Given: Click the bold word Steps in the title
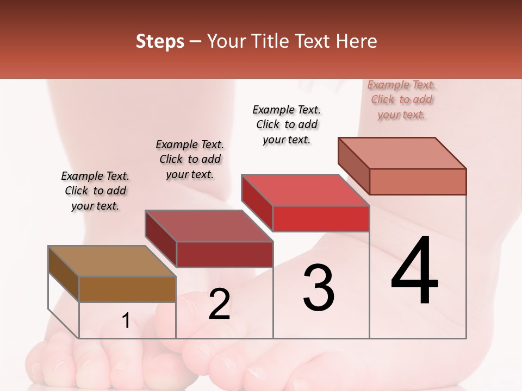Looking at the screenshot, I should [160, 41].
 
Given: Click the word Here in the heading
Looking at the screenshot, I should [356, 41].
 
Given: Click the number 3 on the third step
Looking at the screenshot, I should [319, 288].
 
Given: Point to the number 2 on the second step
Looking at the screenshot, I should [219, 305].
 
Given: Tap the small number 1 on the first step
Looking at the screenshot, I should [126, 321].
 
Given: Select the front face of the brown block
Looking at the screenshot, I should [128, 289].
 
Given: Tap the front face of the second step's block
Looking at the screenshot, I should [225, 254].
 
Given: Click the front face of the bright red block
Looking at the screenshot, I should [321, 218].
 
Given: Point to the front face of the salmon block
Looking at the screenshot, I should [418, 181].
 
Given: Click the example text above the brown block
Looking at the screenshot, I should [95, 191].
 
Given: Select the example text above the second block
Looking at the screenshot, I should [190, 159].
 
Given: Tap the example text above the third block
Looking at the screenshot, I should [287, 124].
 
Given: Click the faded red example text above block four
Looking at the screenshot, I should [402, 99].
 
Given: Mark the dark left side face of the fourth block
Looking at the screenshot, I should [354, 166].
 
